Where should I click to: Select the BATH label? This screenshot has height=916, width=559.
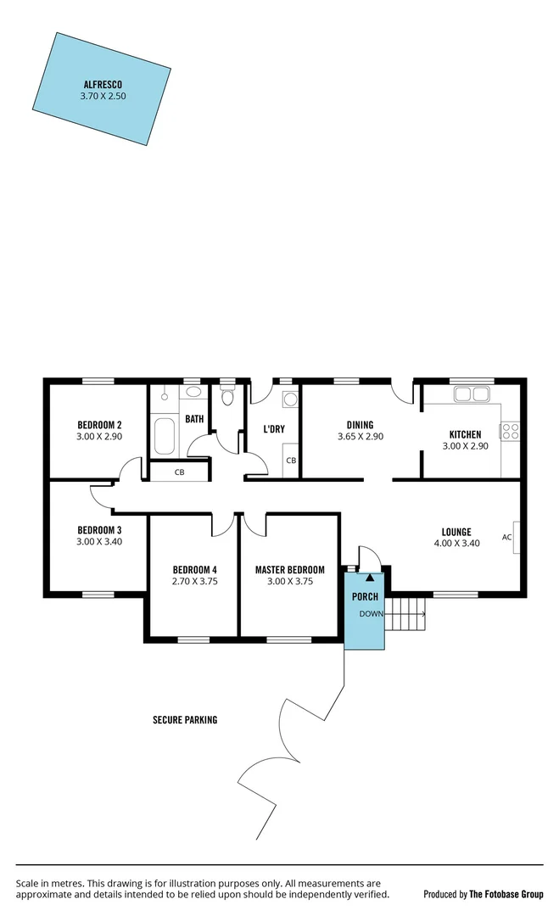click(194, 419)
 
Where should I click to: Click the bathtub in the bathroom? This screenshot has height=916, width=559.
click(165, 436)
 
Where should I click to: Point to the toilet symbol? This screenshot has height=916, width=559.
click(226, 398)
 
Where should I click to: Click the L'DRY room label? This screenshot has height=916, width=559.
click(273, 429)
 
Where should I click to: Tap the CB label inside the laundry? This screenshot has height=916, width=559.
click(290, 461)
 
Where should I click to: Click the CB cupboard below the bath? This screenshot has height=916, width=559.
click(180, 472)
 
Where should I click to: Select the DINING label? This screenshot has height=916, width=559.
click(361, 426)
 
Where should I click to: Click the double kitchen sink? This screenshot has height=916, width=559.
click(471, 394)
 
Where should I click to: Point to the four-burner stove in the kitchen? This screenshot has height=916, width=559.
click(511, 431)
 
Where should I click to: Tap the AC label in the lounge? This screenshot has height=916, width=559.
click(506, 537)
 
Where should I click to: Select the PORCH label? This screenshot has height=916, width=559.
click(366, 597)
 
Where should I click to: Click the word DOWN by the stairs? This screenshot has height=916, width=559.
click(372, 613)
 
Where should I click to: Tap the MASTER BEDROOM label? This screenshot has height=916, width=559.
click(290, 570)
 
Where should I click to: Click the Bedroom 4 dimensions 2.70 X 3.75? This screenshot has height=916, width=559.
click(194, 581)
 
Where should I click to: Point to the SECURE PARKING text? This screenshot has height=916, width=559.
click(185, 720)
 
